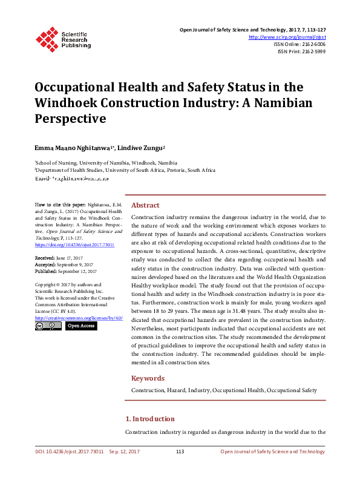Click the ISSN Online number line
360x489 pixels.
pos(299,44)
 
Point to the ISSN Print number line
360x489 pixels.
pos(301,51)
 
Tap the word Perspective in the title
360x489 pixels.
pos(70,119)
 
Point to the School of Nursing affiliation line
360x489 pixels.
pos(106,163)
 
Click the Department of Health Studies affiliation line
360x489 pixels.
pos(125,171)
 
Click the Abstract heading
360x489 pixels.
pos(145,205)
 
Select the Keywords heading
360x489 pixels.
pos(148,378)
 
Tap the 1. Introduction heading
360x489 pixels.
pos(149,419)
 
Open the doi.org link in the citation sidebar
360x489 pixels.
pos(66,244)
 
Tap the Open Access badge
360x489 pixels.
pos(80,326)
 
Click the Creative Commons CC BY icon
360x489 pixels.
pos(48,326)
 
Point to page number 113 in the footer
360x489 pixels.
pos(180,451)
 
